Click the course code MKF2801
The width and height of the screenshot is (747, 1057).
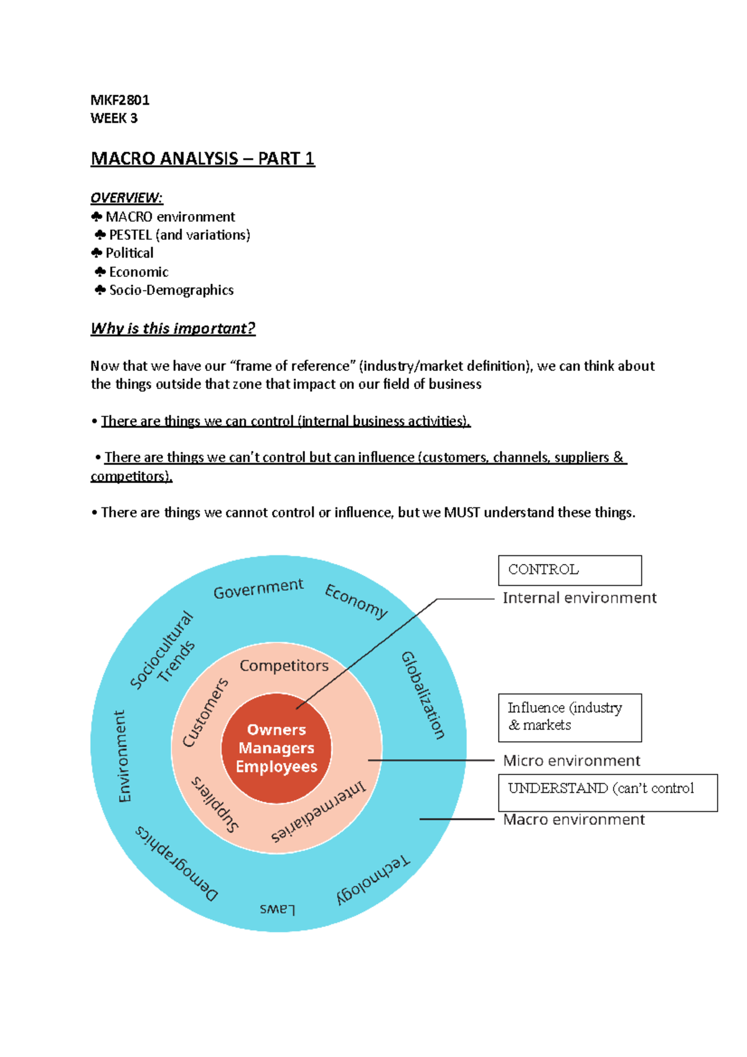coord(120,100)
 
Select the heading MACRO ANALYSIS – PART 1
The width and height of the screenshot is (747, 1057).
coord(202,159)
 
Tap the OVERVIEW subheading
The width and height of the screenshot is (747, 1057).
coord(126,198)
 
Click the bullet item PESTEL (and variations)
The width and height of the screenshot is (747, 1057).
coord(179,235)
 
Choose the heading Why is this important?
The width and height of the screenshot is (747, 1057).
coord(173,328)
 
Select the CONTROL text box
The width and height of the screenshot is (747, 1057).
coord(570,570)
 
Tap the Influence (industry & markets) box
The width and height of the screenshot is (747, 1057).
coord(570,717)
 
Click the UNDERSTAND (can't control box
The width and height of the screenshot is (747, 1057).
coord(607,792)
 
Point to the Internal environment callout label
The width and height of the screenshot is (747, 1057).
coord(579,598)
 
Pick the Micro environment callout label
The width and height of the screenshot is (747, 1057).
coord(571,761)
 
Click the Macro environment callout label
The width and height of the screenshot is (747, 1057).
coord(573,819)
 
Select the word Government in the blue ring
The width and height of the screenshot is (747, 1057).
coord(258,588)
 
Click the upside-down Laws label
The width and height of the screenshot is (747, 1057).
coord(278,909)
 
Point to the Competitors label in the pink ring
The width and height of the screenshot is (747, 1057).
coord(284,665)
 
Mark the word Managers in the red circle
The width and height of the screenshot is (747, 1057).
coord(276,748)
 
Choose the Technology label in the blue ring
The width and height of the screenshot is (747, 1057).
coord(373,880)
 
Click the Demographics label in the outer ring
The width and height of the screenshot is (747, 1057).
coord(177,863)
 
